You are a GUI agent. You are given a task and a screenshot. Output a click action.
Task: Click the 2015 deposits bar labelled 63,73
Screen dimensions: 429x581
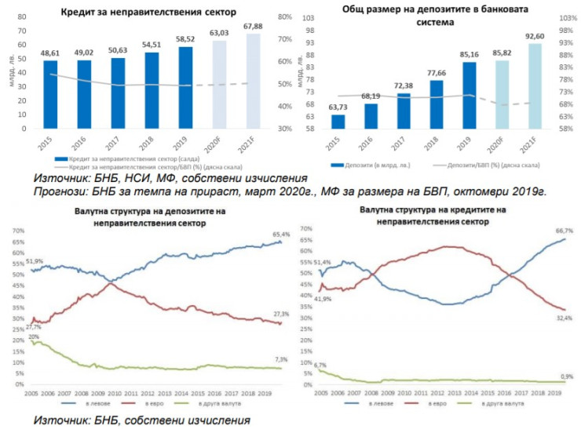coord(338,121)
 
